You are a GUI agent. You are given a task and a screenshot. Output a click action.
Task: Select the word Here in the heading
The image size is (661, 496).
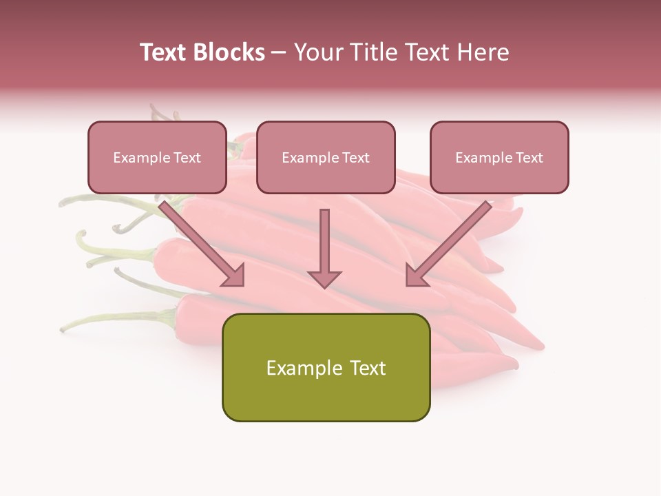click(x=482, y=52)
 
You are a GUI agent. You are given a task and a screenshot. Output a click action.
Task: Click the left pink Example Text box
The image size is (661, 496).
click(x=157, y=158)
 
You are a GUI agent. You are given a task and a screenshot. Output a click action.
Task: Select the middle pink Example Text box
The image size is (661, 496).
click(x=326, y=158)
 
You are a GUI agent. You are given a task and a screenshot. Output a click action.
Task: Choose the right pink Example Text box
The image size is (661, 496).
click(x=499, y=158)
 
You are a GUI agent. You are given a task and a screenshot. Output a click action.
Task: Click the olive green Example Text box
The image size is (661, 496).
click(x=326, y=368)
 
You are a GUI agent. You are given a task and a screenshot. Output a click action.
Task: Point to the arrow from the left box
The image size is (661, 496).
click(x=200, y=241)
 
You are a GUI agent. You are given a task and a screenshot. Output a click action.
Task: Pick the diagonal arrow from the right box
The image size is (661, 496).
click(x=451, y=241)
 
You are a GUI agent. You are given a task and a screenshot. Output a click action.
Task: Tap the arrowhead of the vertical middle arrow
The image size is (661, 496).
click(x=324, y=278)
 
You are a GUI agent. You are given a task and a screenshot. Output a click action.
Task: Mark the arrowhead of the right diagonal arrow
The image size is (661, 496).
click(x=416, y=276)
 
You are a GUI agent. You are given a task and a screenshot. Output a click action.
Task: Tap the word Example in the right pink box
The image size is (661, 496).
click(x=480, y=158)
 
